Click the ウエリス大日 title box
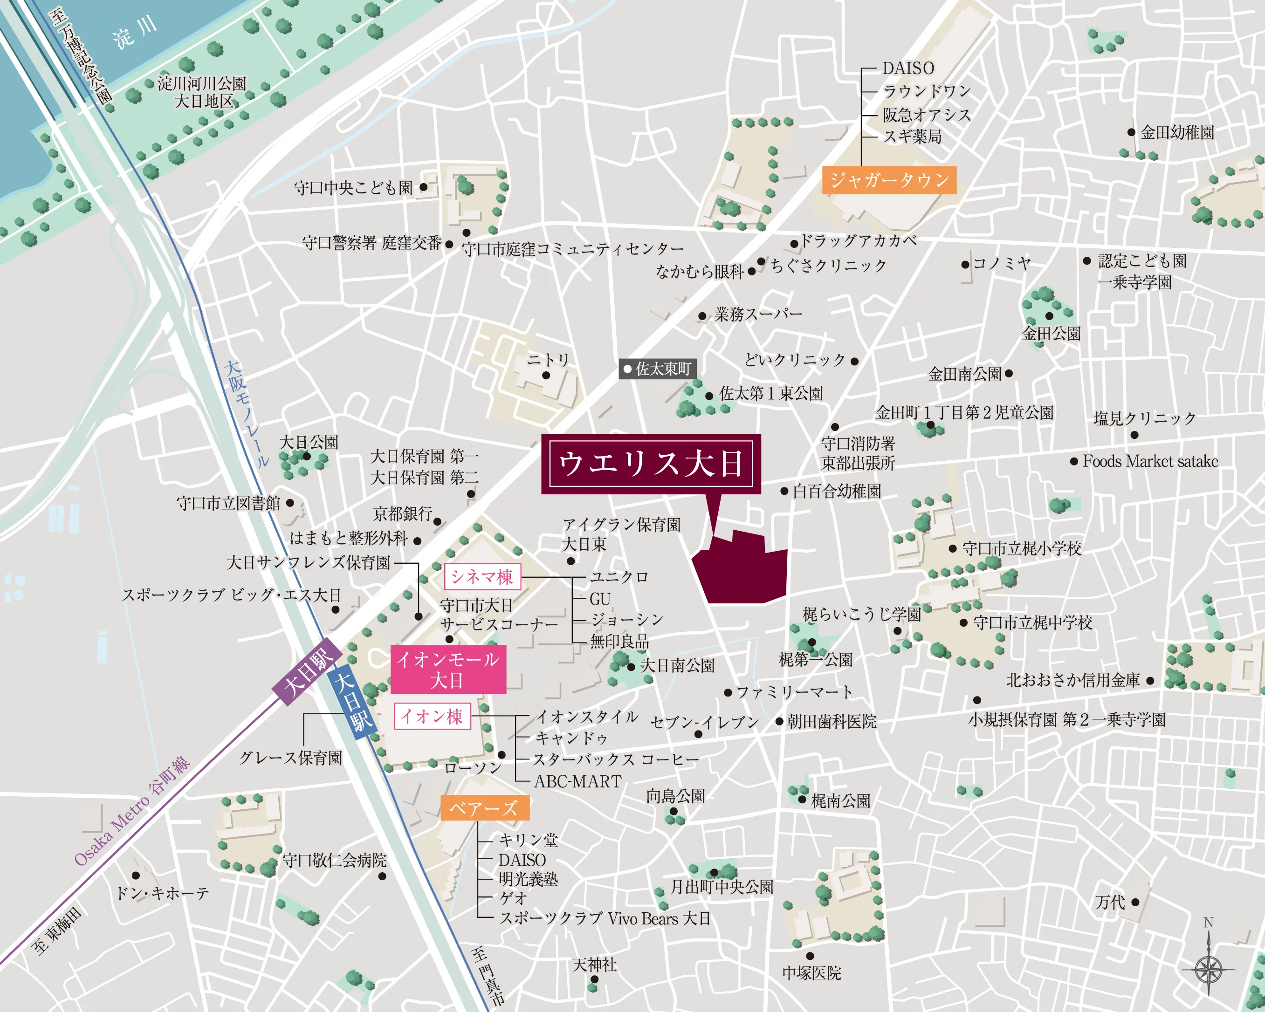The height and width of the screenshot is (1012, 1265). [x=651, y=464]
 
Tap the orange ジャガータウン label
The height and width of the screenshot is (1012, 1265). [x=889, y=180]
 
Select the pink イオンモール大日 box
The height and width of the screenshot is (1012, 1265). [x=447, y=670]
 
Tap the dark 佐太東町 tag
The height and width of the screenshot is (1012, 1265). [x=657, y=369]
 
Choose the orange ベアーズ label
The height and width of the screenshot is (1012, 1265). [x=485, y=808]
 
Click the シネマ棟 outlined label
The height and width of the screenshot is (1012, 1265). [x=481, y=577]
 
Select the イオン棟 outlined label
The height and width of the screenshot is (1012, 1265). [x=432, y=716]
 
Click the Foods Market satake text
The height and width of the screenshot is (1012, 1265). [x=1150, y=461]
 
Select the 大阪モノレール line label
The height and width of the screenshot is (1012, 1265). [x=247, y=414]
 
